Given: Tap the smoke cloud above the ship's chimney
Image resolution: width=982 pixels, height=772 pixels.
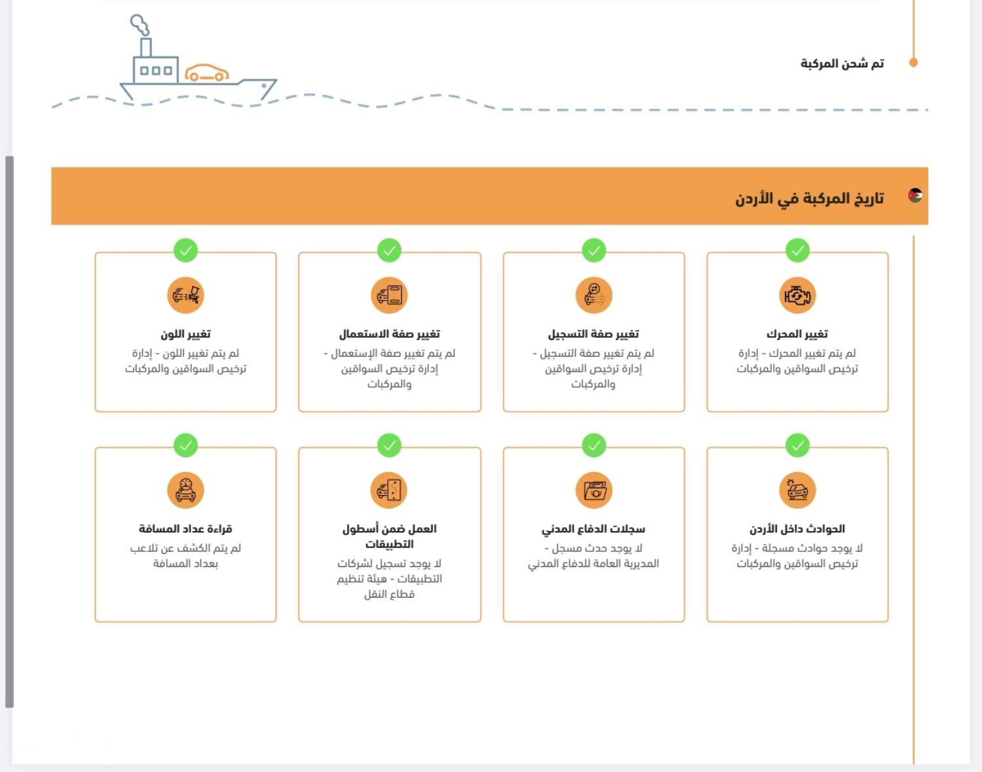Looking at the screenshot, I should tap(139, 24).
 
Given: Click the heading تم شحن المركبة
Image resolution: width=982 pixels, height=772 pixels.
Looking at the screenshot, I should tap(842, 63).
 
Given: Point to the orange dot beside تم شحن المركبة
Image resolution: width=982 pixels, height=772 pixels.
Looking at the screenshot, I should tap(913, 63).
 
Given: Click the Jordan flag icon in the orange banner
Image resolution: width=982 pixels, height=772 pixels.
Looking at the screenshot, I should tap(915, 195).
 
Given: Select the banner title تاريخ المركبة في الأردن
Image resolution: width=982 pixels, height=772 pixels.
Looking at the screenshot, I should tap(809, 198).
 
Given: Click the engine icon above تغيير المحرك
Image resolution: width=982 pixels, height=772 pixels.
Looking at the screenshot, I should tap(797, 295).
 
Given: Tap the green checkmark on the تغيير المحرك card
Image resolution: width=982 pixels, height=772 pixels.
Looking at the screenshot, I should tap(797, 250).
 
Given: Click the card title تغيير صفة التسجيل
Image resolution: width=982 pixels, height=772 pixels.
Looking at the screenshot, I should tap(593, 334).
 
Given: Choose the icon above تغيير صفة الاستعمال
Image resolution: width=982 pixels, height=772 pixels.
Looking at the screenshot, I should tap(389, 295).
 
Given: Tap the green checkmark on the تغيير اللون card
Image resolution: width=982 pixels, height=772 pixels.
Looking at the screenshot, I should tap(185, 250).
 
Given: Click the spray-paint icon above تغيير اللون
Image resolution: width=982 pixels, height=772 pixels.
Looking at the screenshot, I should tap(185, 295).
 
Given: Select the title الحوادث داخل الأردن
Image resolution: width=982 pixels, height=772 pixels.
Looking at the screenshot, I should tap(797, 528).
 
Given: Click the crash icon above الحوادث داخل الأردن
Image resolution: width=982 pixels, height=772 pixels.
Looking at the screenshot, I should tap(797, 490).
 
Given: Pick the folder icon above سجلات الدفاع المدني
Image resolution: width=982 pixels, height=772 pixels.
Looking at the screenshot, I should tap(593, 490).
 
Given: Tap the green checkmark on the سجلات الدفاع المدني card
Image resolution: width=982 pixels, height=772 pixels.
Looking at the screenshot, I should tap(594, 445).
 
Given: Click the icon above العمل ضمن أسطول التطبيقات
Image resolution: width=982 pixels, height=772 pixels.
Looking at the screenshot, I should tap(389, 490).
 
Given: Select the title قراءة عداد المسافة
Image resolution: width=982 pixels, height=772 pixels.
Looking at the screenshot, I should tap(185, 528).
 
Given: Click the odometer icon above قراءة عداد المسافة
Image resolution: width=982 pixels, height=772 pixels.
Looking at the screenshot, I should tap(185, 490).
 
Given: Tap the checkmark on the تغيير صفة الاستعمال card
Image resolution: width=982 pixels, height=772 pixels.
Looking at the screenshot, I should tap(390, 250).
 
